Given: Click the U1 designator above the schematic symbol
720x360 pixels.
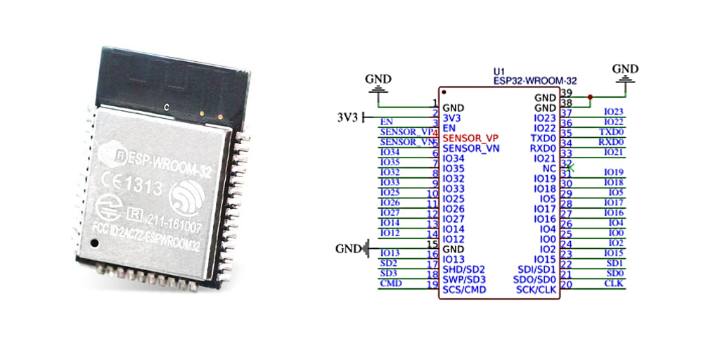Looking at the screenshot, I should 499,72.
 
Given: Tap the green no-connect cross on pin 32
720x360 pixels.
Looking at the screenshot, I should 570,168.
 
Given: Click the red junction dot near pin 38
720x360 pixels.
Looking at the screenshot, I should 590,97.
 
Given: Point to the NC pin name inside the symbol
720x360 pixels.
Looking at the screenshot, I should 549,169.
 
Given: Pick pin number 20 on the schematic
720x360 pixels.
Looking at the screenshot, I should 566,285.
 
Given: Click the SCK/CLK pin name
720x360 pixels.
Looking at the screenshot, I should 536,290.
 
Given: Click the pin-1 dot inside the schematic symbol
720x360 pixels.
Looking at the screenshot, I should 444,93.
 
